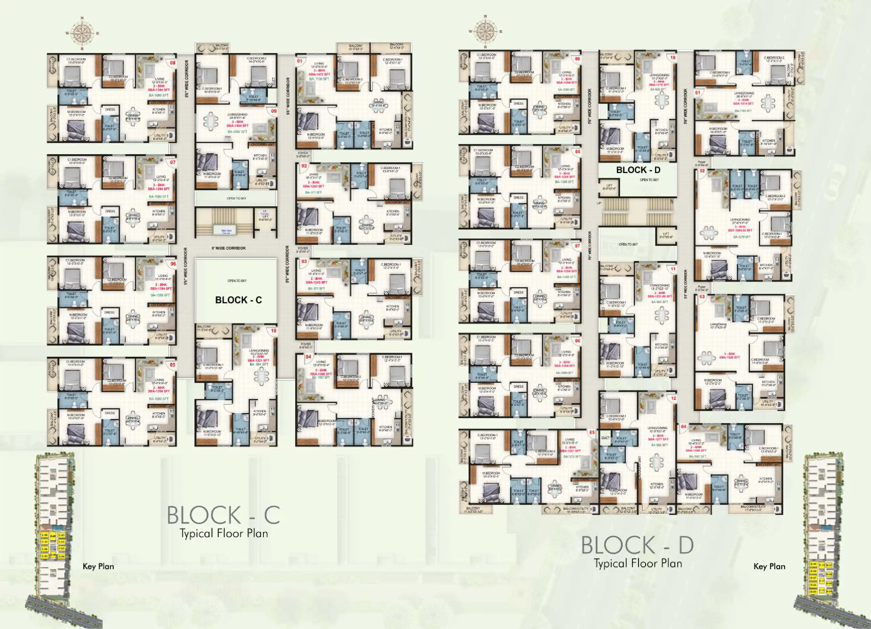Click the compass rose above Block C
coord(82,33)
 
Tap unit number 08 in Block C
coord(173,63)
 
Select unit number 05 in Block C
coord(172,365)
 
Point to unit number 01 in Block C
coord(299,61)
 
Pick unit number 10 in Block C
coord(274,331)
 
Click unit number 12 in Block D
coord(673,399)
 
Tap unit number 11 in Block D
coord(673,269)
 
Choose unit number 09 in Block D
coord(577,59)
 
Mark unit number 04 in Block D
coord(683,427)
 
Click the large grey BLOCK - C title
coord(223,515)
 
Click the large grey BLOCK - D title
coord(637,545)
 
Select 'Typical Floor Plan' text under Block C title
coord(224,533)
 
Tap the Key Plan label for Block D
coord(769,567)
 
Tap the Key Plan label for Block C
coord(98,567)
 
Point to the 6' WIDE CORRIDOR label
coord(229,248)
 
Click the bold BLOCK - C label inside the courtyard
coord(238,300)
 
